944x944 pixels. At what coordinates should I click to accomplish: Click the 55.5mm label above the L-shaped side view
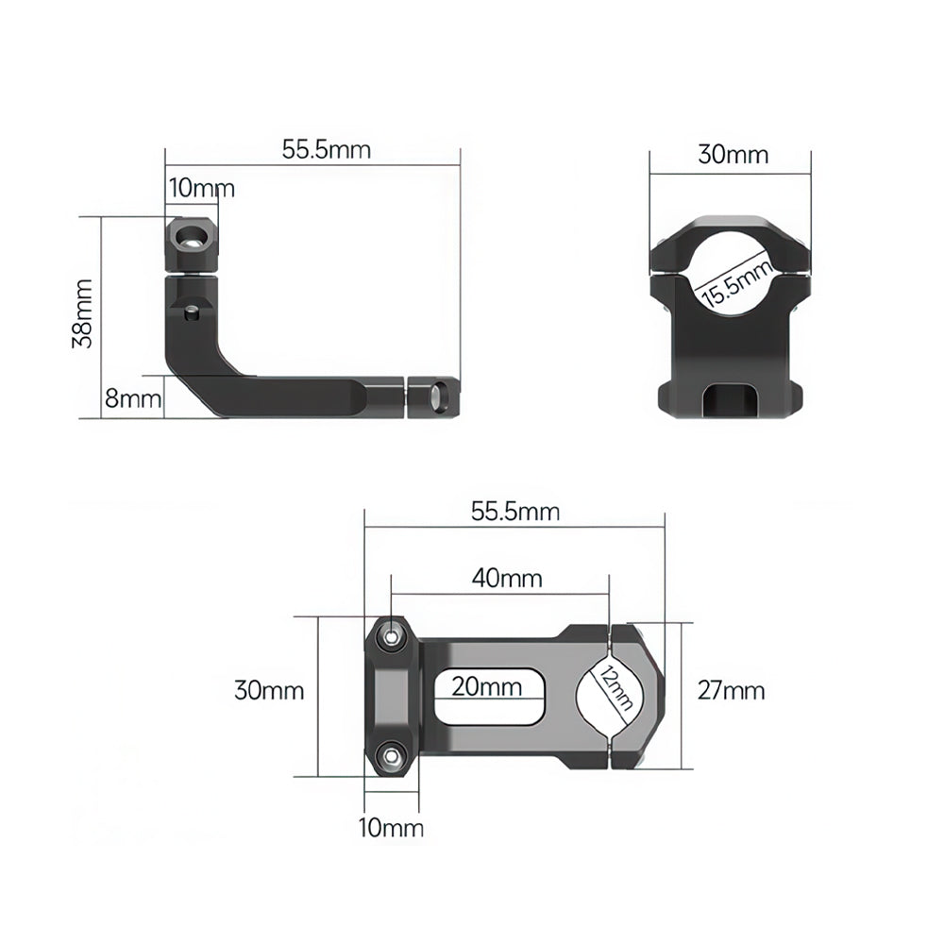[326, 149]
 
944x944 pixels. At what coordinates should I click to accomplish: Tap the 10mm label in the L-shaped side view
[201, 188]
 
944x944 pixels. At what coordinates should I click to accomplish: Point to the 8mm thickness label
[133, 398]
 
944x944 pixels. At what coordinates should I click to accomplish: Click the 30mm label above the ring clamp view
[733, 155]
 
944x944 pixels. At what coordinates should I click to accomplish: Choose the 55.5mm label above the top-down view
[514, 512]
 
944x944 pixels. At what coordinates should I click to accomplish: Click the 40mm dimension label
[508, 578]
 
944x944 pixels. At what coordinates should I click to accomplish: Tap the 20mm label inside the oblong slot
[486, 686]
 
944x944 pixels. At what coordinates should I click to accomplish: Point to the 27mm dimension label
[730, 691]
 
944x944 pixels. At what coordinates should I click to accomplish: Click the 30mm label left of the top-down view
[269, 691]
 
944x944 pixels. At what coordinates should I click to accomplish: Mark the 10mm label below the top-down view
[391, 829]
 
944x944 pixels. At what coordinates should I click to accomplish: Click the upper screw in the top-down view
[390, 638]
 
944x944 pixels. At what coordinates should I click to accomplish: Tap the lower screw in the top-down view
[390, 755]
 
